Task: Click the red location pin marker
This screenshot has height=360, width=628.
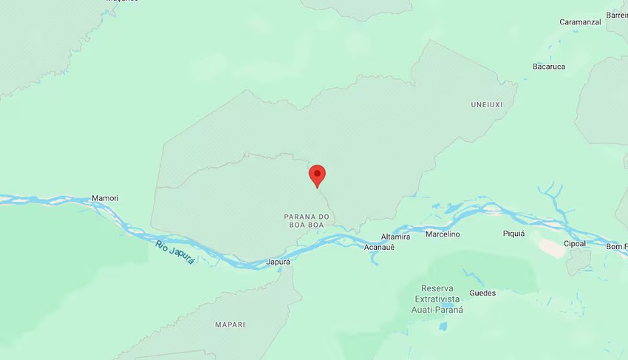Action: click(317, 175)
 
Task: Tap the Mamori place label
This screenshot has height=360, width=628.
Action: click(105, 198)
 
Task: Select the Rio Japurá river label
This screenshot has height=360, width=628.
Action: click(175, 252)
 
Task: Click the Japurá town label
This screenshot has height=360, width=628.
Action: click(278, 262)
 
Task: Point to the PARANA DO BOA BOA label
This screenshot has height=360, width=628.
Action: click(306, 220)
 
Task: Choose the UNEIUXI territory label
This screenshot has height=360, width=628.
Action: click(486, 105)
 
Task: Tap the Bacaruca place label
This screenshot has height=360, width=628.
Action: click(549, 67)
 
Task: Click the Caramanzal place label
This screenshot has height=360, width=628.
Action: click(580, 22)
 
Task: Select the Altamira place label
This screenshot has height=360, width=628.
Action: click(395, 237)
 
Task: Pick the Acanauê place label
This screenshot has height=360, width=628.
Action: click(380, 247)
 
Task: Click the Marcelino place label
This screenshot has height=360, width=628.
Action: click(443, 234)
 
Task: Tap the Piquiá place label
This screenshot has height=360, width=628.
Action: click(513, 234)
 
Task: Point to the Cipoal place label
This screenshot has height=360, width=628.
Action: click(575, 243)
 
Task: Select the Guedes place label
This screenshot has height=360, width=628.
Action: click(482, 293)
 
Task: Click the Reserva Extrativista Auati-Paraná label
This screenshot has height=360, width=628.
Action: click(437, 299)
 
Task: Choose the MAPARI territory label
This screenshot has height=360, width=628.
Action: click(230, 325)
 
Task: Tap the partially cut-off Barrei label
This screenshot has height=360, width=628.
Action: click(617, 15)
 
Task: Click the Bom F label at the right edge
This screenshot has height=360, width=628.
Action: click(616, 246)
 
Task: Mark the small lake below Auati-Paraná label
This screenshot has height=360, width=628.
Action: click(443, 325)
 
